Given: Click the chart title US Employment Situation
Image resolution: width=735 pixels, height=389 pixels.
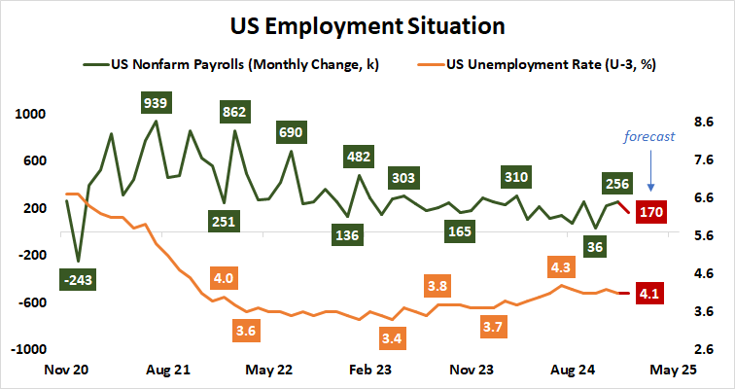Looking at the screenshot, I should click(367, 23).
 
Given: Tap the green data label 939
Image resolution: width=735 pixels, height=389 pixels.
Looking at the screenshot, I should click(154, 102).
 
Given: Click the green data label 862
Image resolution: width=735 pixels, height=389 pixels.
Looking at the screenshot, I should click(233, 112).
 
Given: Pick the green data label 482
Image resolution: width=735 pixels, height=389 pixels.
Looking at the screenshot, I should click(359, 156).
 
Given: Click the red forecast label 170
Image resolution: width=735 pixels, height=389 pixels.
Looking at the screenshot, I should click(649, 211).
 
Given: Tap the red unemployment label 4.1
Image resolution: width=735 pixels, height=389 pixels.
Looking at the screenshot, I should click(649, 292).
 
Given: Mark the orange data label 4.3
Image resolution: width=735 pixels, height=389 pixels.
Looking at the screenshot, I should click(561, 266).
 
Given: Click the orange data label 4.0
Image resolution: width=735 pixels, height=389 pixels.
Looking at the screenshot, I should click(223, 278).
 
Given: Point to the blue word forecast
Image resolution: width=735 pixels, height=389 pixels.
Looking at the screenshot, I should click(648, 137).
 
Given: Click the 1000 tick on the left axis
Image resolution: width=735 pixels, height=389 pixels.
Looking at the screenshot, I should click(30, 114).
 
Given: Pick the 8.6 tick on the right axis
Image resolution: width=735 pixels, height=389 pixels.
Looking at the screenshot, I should click(705, 123).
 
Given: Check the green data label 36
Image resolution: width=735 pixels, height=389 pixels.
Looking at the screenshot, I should click(597, 247).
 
